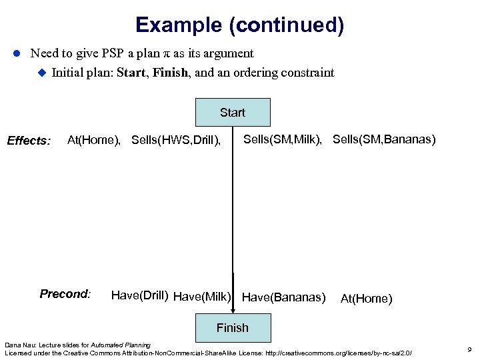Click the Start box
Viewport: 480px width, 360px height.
point(232,113)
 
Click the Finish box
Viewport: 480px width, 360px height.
point(232,327)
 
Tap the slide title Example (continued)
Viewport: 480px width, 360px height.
point(239,25)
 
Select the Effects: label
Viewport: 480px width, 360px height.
point(29,141)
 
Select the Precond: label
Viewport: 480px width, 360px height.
point(65,294)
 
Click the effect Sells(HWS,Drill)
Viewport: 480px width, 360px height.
point(176,140)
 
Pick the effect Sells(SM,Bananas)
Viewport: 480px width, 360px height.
point(384,139)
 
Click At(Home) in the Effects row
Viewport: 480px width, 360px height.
point(94,140)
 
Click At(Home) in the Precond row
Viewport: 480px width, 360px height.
point(366,299)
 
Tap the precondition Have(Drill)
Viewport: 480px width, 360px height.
point(139,295)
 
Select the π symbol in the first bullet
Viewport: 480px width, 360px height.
point(149,53)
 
